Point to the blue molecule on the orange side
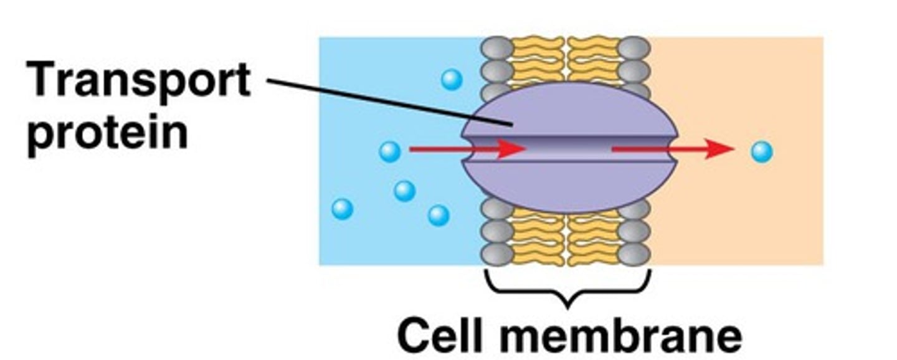pyautogui.click(x=761, y=152)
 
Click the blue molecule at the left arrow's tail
pyautogui.click(x=390, y=151)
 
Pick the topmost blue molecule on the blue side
pyautogui.click(x=452, y=79)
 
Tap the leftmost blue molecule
pyautogui.click(x=342, y=209)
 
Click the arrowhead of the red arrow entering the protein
pyautogui.click(x=512, y=149)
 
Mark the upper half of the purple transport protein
pyautogui.click(x=568, y=109)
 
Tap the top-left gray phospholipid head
pyautogui.click(x=497, y=47)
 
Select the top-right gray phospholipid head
pyautogui.click(x=634, y=47)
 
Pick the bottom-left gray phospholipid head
pyautogui.click(x=497, y=254)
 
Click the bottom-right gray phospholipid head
pyautogui.click(x=634, y=254)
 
